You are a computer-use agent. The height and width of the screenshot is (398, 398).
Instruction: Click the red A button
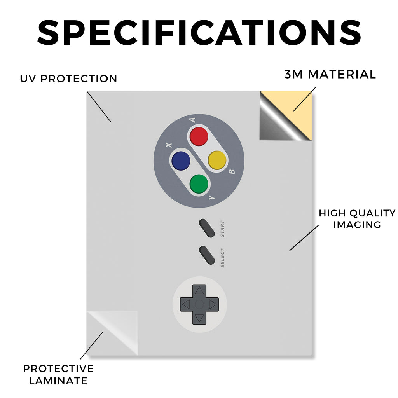pos(199,136)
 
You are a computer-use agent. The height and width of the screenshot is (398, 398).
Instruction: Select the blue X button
pos(181,161)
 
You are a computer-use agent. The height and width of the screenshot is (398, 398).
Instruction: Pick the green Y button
pos(199,184)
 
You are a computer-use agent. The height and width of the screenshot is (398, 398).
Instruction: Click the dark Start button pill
pos(207,228)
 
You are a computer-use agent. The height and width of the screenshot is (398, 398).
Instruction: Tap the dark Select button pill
pos(207,255)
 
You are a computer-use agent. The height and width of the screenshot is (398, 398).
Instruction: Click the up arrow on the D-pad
pos(199,291)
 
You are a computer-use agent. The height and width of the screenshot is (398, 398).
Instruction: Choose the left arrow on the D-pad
pos(186,304)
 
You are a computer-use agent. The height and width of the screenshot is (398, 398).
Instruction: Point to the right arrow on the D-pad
pos(213,304)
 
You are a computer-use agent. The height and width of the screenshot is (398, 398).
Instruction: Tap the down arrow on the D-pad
pos(199,318)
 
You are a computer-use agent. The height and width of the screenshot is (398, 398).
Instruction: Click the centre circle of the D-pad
pos(199,304)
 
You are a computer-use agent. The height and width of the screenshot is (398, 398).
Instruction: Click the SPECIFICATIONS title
pos(199,33)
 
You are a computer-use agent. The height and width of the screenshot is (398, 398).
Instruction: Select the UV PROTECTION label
pos(68,79)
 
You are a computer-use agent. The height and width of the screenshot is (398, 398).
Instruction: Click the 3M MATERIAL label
pos(330,74)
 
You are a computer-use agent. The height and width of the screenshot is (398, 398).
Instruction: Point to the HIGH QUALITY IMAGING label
pos(357,219)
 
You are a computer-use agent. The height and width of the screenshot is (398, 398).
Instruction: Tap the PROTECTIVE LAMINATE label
pos(58,375)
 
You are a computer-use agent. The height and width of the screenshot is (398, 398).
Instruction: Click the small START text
pos(222,229)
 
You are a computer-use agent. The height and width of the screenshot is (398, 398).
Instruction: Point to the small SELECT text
pos(222,258)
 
